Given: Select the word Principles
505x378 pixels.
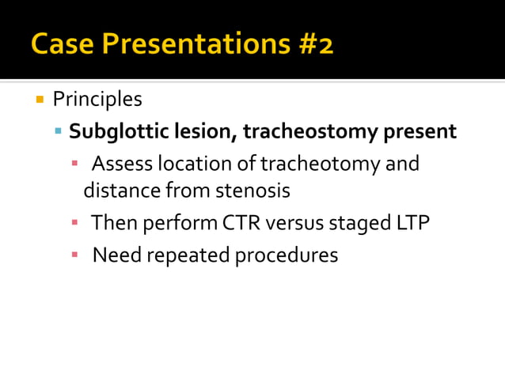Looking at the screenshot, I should coord(97,100).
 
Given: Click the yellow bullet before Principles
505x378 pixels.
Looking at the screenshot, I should coord(38,100).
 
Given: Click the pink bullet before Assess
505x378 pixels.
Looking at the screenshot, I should coord(75,164).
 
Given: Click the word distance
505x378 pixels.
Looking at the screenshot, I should coord(119,191).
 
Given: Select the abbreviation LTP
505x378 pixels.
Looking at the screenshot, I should coord(412,223).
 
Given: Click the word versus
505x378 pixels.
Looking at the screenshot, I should coord(295,223).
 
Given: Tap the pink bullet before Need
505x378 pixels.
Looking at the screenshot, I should coord(75,255).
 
